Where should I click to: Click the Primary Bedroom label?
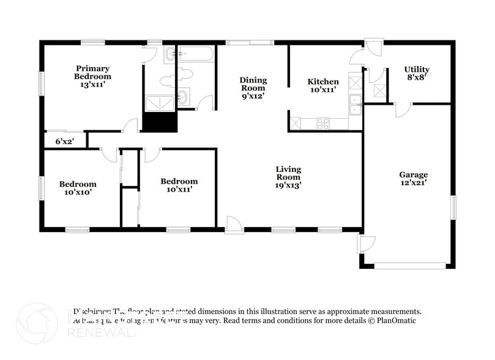[x=93, y=72]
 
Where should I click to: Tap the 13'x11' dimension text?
[x=93, y=85]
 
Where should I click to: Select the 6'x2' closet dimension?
[x=64, y=141]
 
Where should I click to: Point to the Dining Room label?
[x=253, y=84]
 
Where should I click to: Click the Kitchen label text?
[x=322, y=82]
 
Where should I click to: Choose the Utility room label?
[x=417, y=69]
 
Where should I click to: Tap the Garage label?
[x=414, y=174]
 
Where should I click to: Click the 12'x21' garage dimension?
[x=414, y=182]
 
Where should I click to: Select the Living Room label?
[x=288, y=173]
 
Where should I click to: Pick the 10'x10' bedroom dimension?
[x=78, y=192]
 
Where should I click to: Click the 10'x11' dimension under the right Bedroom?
[x=179, y=190]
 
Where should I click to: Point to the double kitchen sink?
[x=355, y=105]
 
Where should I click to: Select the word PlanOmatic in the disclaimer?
[x=396, y=320]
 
